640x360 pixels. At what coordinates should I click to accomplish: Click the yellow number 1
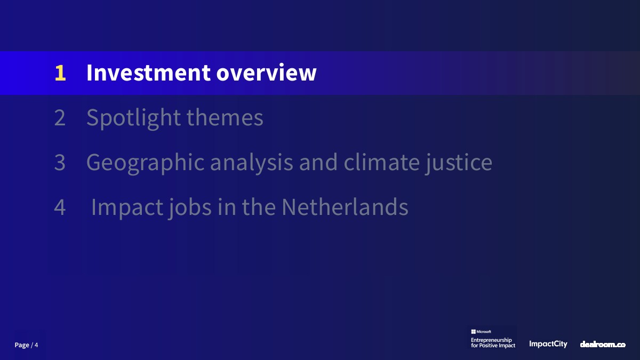pyautogui.click(x=60, y=73)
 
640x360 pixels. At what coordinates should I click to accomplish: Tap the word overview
pyautogui.click(x=266, y=73)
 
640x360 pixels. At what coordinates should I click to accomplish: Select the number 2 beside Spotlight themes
pyautogui.click(x=60, y=117)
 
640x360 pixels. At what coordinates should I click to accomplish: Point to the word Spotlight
pyautogui.click(x=134, y=118)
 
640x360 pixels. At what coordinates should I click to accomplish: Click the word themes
pyautogui.click(x=225, y=117)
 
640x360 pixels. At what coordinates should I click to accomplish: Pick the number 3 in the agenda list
pyautogui.click(x=60, y=162)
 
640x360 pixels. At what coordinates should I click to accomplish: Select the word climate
pyautogui.click(x=382, y=162)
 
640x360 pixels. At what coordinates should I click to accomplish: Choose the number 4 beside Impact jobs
pyautogui.click(x=60, y=207)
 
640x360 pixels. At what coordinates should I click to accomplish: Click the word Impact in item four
pyautogui.click(x=127, y=207)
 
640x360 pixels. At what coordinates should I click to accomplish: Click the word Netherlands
pyautogui.click(x=345, y=206)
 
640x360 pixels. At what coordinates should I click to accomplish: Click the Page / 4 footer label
pyautogui.click(x=26, y=345)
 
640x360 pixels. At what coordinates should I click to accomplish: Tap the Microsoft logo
pyautogui.click(x=481, y=332)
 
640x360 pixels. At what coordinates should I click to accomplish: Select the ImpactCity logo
pyautogui.click(x=548, y=344)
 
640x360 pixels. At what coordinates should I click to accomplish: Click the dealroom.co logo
pyautogui.click(x=603, y=345)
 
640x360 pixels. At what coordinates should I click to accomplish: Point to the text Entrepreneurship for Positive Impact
pyautogui.click(x=493, y=342)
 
